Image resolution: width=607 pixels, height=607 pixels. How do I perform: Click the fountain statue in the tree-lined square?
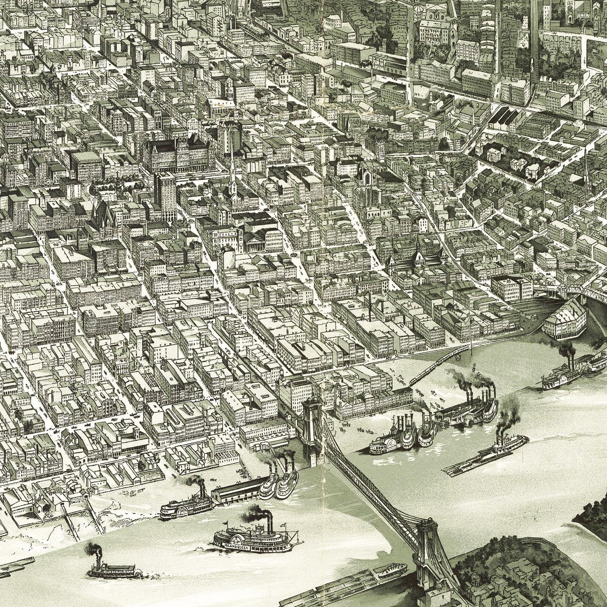click(x=92, y=190)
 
